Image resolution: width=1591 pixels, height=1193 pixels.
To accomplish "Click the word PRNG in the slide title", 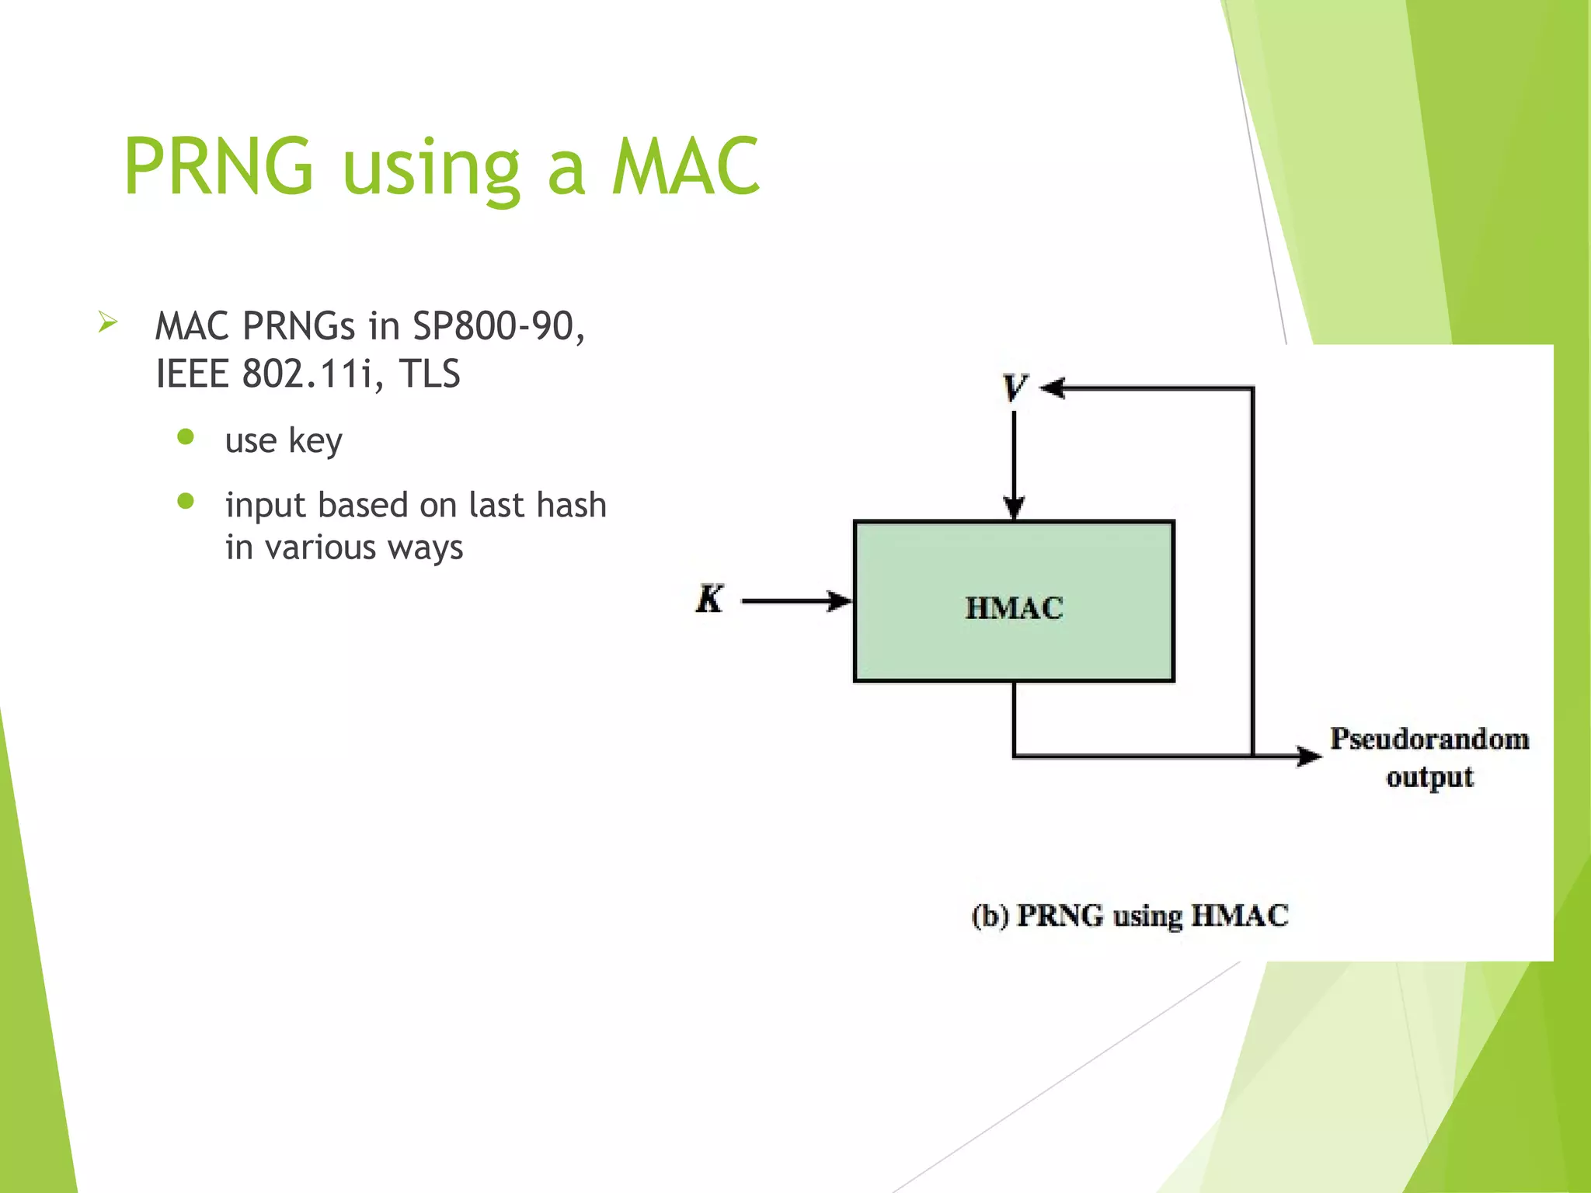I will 218,166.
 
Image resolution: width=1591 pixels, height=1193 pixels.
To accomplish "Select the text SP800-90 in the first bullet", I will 498,326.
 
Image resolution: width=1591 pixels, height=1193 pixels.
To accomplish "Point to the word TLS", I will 430,374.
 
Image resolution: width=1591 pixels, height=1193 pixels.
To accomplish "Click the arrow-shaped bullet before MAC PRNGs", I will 108,322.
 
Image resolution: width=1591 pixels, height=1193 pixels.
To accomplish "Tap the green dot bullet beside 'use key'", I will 186,437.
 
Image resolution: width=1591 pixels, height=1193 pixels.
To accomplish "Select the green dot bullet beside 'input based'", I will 186,501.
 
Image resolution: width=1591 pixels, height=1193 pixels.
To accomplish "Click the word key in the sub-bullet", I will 315,441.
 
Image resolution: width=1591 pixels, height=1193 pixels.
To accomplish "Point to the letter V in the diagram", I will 1014,388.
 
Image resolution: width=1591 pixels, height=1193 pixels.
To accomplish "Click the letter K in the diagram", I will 709,600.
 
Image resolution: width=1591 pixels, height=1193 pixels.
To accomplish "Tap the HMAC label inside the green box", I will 1014,607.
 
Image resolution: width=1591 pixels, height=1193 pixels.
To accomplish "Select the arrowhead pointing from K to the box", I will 839,600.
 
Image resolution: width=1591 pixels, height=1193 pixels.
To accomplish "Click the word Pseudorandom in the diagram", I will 1429,739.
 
